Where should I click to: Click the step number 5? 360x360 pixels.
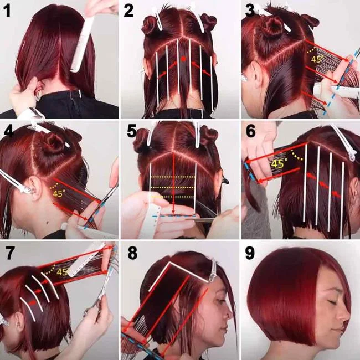point(131,131)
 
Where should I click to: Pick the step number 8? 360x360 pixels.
point(131,252)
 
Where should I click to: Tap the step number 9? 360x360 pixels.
point(250,252)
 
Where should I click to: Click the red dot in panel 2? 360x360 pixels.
point(183,58)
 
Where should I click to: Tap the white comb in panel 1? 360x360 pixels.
point(82,44)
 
